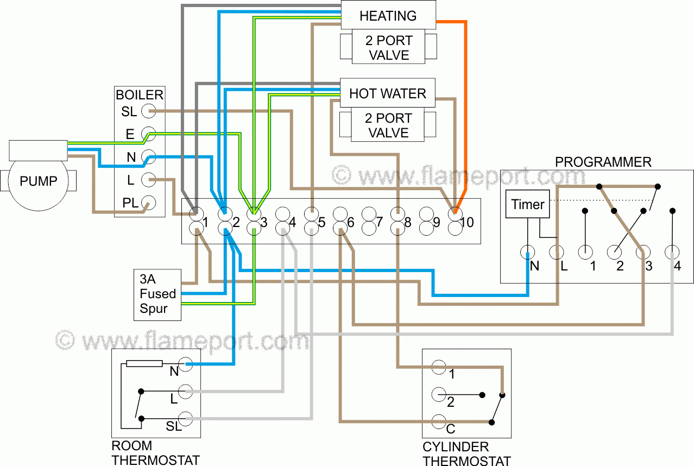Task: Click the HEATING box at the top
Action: [x=388, y=15]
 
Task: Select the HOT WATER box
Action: [x=388, y=93]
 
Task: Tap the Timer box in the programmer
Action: [x=527, y=204]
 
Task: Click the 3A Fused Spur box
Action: [x=157, y=294]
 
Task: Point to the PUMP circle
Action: [x=38, y=181]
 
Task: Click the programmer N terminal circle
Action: [x=527, y=252]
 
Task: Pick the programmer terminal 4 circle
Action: [x=672, y=252]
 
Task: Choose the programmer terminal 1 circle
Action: [x=585, y=252]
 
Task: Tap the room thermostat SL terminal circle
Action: [x=186, y=418]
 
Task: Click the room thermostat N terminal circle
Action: [x=186, y=364]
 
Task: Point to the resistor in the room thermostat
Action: [x=144, y=363]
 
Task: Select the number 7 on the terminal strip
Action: [x=379, y=222]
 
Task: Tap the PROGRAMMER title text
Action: [x=603, y=162]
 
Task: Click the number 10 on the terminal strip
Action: [x=468, y=222]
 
